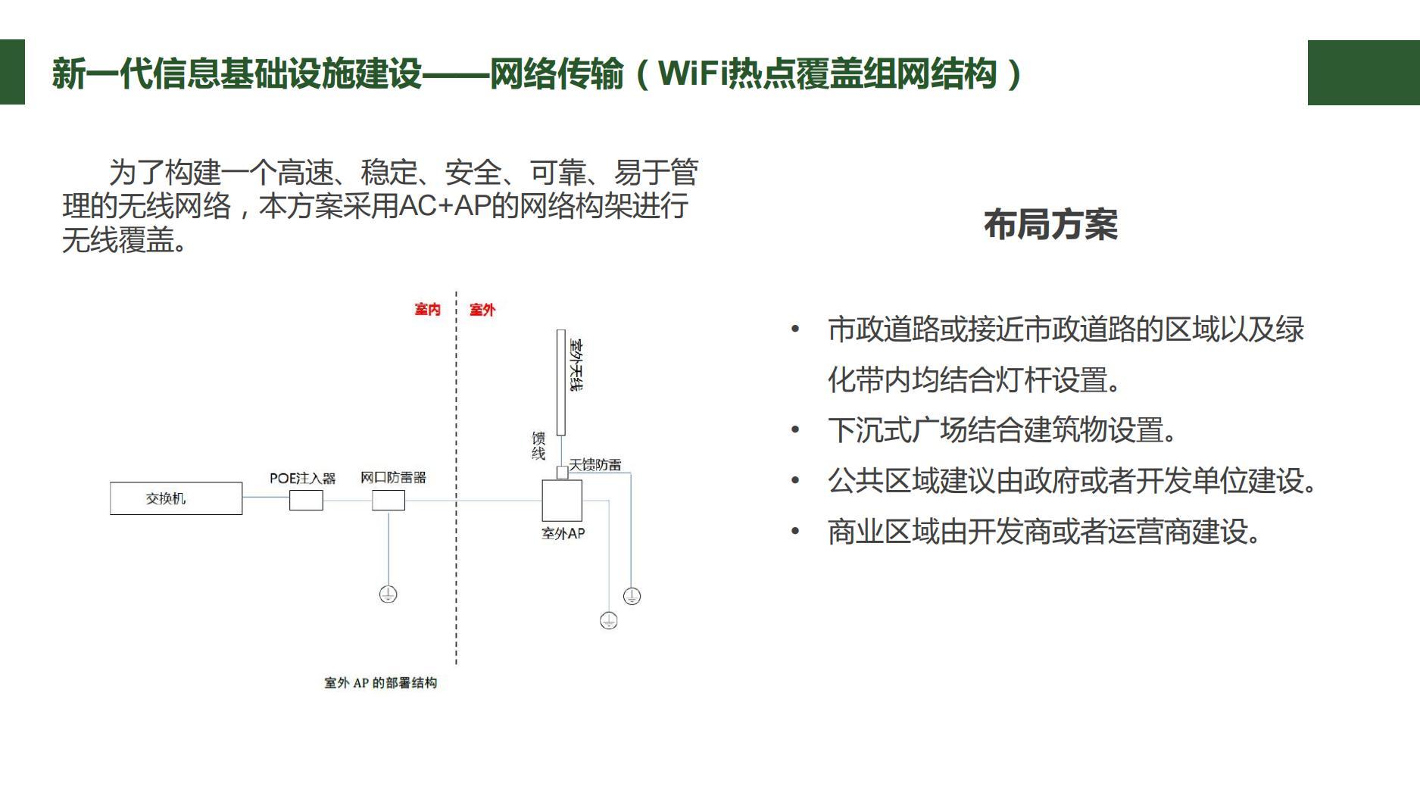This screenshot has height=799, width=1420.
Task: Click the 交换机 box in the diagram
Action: [176, 498]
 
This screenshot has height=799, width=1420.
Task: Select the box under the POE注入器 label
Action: [306, 500]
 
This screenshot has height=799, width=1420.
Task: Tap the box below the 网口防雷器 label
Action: [389, 500]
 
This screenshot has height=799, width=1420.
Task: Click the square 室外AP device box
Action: [562, 501]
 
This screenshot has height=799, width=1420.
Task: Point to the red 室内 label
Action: [427, 310]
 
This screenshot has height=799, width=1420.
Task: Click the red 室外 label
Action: [482, 310]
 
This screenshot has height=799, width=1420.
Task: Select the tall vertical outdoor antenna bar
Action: [561, 382]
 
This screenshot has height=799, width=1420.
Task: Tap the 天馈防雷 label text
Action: [595, 465]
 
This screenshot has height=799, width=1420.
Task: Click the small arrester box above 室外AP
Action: [562, 473]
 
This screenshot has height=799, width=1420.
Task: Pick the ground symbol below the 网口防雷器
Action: [388, 595]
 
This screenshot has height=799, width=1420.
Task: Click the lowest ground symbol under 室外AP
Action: [609, 621]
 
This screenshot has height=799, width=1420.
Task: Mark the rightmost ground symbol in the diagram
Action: [632, 596]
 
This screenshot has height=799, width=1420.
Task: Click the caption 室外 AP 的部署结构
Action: [381, 683]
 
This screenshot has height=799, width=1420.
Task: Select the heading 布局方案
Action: [1050, 225]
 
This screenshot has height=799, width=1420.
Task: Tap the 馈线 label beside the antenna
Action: [538, 446]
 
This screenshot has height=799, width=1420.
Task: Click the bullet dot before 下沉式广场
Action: [795, 430]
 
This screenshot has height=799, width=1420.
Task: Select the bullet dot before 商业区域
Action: [795, 532]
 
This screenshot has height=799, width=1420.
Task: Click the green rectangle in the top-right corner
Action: [1363, 73]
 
